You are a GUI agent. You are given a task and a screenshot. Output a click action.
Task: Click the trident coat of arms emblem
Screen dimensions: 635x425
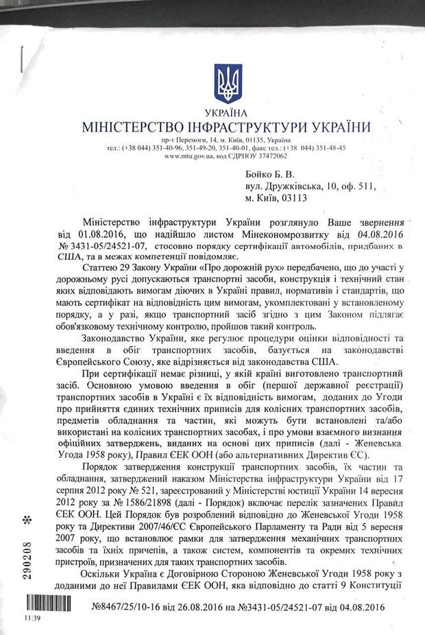pyautogui.click(x=223, y=83)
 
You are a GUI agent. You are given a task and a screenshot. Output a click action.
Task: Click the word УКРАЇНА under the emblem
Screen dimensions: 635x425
pyautogui.click(x=224, y=113)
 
